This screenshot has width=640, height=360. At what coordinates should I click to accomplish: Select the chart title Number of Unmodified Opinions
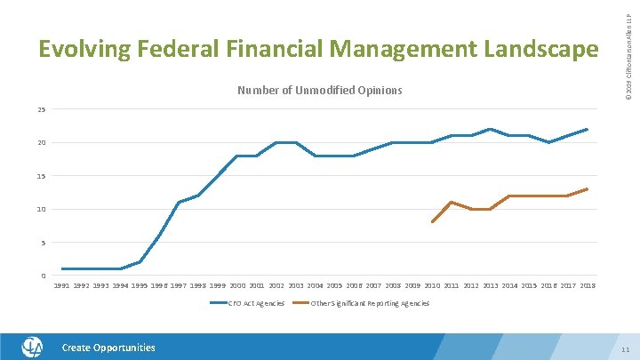[x=319, y=91]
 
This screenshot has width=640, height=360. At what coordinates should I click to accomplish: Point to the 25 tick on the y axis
[x=42, y=109]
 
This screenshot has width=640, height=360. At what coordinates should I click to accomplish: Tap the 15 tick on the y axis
[x=42, y=176]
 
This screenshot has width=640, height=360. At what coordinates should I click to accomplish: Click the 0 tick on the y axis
[x=44, y=276]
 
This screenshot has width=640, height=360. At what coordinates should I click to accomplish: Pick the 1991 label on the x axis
[x=61, y=286]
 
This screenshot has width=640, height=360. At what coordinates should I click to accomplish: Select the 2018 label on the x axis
[x=588, y=286]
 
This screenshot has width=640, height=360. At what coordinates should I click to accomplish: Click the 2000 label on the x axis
[x=237, y=286]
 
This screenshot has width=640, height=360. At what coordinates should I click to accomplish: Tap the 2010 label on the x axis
[x=432, y=286]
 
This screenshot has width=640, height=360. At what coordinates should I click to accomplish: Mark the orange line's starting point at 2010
[x=432, y=222]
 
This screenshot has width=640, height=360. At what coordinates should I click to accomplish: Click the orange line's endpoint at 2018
[x=588, y=188]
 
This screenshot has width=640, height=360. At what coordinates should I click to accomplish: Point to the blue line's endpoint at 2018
[x=588, y=129]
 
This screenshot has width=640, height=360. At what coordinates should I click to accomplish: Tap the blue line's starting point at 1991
[x=62, y=268]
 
